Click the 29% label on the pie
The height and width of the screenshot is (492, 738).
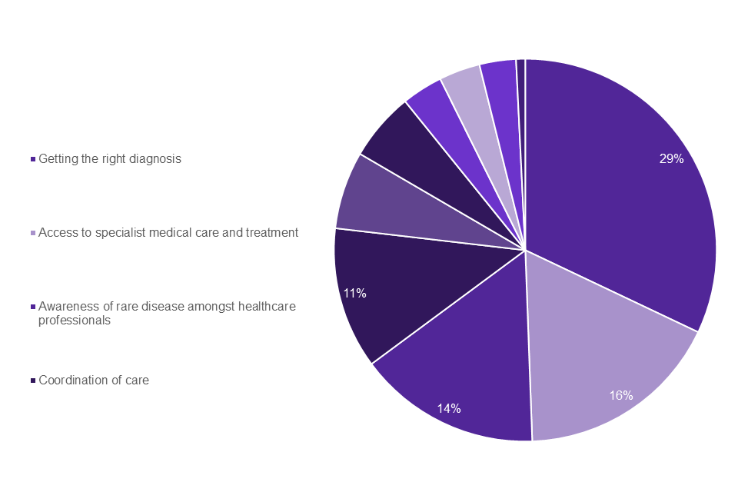[671, 159]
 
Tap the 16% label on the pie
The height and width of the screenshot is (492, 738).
[621, 395]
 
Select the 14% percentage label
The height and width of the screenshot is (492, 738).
[450, 408]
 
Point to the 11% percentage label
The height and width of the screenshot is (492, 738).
[354, 293]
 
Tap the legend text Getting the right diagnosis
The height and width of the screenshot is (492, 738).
[110, 159]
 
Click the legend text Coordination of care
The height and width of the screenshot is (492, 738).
[94, 380]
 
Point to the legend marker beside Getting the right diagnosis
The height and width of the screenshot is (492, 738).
[33, 159]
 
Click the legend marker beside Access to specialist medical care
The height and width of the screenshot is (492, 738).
[33, 232]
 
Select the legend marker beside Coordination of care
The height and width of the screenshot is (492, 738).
[33, 380]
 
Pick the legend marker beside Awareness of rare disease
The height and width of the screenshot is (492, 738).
[33, 307]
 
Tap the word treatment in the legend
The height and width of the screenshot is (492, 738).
[271, 232]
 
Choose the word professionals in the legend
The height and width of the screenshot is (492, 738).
[75, 320]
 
